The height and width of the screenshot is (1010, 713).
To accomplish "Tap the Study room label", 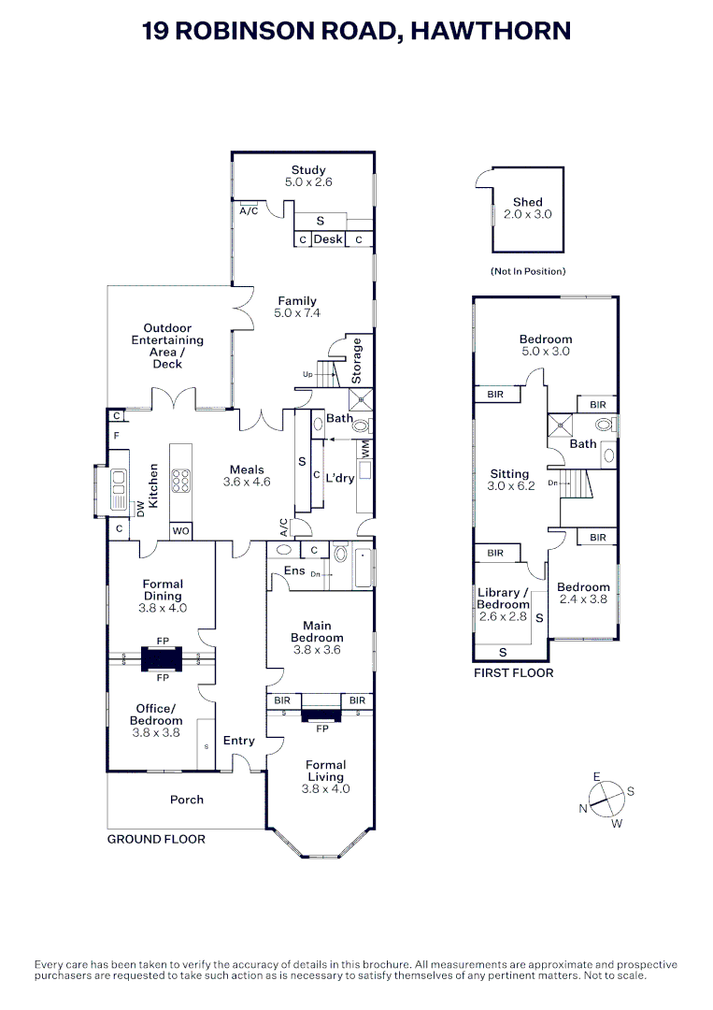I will coord(308,170).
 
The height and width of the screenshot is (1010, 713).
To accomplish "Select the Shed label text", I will coord(527,202).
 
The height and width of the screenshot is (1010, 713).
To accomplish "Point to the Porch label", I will coord(186,800).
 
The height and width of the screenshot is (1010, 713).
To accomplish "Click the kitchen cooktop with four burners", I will coord(181,481).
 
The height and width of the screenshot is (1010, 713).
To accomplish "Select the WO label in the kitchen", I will coord(181,531).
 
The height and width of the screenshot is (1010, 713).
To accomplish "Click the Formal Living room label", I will coord(325,771).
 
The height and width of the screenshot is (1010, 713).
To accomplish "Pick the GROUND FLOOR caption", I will coord(156,840).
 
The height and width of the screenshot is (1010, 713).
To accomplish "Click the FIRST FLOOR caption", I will coord(513,672).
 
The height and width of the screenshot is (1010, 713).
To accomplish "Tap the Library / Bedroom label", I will coord(503,599).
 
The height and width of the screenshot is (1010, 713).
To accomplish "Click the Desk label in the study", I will coord(328,239).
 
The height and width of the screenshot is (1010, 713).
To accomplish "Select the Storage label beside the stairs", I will coord(357,360).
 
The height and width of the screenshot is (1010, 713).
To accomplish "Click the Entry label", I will coord(239,741).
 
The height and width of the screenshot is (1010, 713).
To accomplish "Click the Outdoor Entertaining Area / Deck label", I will coord(167,346).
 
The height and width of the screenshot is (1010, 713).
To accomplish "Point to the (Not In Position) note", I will coord(528,271).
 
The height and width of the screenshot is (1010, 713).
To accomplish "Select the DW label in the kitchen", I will coord(141,510).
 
